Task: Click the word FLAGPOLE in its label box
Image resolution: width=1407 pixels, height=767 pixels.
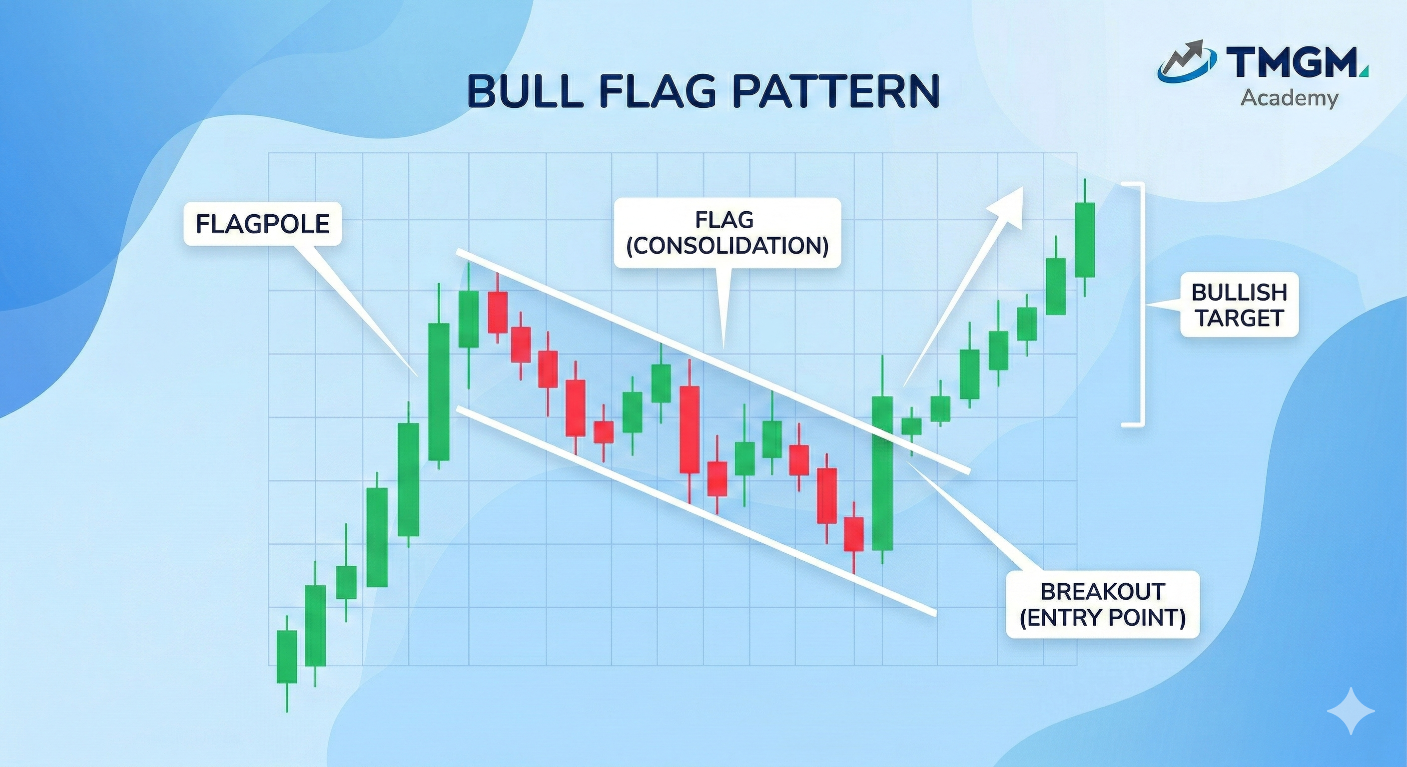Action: [262, 224]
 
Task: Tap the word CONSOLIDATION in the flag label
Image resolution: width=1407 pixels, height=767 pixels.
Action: [727, 246]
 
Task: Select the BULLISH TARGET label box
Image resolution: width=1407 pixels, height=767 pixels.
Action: [1239, 305]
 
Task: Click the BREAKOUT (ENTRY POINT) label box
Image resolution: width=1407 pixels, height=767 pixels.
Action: [1103, 604]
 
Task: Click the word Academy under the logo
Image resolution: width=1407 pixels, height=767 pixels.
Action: [1289, 99]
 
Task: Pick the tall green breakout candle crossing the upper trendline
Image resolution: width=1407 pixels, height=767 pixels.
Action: [882, 473]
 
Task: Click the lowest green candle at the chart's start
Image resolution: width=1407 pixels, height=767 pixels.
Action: [287, 656]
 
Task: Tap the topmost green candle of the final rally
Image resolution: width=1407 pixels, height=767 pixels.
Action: [1085, 240]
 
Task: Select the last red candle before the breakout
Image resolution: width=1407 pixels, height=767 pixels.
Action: [854, 534]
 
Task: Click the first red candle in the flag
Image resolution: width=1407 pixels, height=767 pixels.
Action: [498, 312]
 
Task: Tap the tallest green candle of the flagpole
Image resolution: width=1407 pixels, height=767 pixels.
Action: [439, 391]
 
